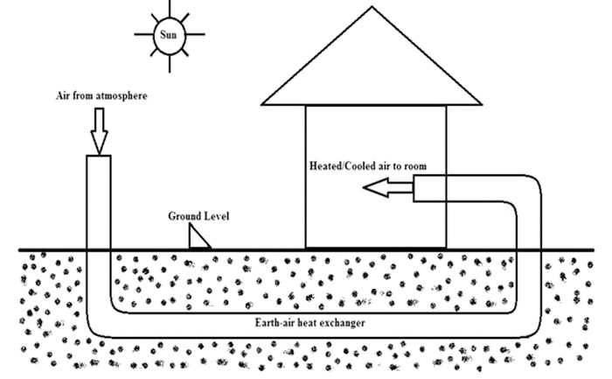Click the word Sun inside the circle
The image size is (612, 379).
169,34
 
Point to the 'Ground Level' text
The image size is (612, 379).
198,215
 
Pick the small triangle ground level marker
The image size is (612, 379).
199,236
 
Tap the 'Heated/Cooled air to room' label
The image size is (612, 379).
368,165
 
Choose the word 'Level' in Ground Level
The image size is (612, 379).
216,215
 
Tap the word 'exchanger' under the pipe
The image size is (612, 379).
338,324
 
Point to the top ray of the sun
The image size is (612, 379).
169,8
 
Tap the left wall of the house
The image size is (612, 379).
305,175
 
